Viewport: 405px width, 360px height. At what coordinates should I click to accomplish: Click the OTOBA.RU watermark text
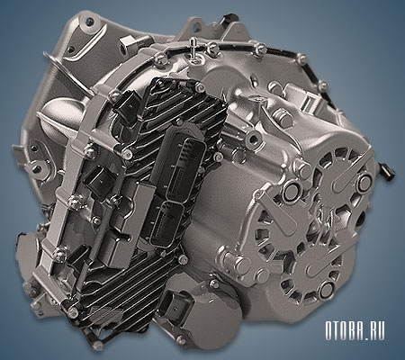pos(355,330)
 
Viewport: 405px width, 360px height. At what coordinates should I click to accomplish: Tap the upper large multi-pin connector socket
pos(184,165)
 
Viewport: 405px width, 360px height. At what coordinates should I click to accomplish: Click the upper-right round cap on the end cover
pos(364,181)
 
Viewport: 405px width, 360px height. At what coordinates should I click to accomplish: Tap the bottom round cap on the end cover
pos(327,289)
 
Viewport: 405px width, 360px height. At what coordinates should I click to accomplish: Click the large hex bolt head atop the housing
pos(281,115)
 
